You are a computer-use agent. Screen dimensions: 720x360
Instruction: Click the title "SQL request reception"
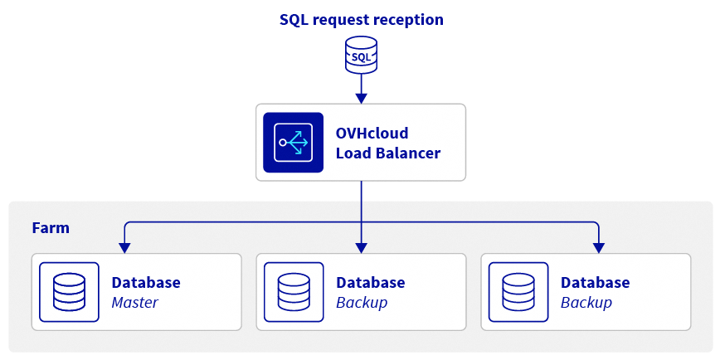click(362, 20)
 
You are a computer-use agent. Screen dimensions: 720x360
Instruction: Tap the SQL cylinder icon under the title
click(362, 55)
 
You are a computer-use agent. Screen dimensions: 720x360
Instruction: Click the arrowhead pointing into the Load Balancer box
click(362, 98)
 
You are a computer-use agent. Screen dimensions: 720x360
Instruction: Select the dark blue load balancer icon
click(293, 143)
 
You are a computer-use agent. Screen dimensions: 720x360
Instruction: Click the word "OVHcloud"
click(372, 134)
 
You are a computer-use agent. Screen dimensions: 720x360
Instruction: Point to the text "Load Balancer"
click(388, 153)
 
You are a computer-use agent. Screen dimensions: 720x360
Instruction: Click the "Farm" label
click(51, 228)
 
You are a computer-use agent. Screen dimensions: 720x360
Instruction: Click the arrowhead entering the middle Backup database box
click(362, 248)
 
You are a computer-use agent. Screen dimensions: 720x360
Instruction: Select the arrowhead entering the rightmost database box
click(598, 248)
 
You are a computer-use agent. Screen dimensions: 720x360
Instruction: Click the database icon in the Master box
click(70, 292)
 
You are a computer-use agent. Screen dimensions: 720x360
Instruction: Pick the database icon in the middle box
click(294, 292)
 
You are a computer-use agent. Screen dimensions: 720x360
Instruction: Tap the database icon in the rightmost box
click(518, 292)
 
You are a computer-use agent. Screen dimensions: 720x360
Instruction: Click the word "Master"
click(135, 303)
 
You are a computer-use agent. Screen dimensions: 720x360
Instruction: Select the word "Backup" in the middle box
click(362, 303)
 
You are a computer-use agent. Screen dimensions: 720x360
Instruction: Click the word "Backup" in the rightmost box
click(586, 303)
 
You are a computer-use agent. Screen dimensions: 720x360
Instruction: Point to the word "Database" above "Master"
click(146, 282)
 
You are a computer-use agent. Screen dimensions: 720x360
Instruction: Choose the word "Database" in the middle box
click(371, 282)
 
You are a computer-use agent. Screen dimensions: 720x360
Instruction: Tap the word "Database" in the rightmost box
click(595, 282)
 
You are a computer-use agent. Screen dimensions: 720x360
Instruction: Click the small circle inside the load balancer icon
click(282, 143)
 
